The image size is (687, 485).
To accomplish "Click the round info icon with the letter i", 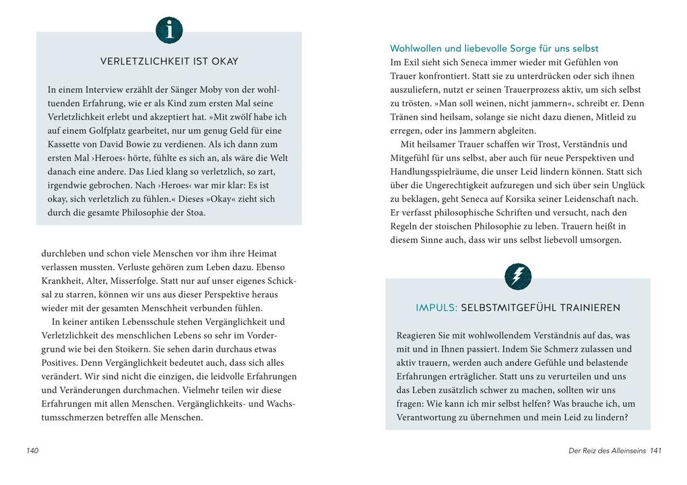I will (x=169, y=30).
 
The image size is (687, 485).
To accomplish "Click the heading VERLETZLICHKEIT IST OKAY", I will (x=169, y=61).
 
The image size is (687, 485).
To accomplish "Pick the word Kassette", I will (x=66, y=144).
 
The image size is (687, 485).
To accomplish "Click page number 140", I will (x=32, y=451).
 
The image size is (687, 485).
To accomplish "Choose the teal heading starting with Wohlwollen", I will (x=494, y=48).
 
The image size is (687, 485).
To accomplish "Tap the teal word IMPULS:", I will (x=436, y=307).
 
